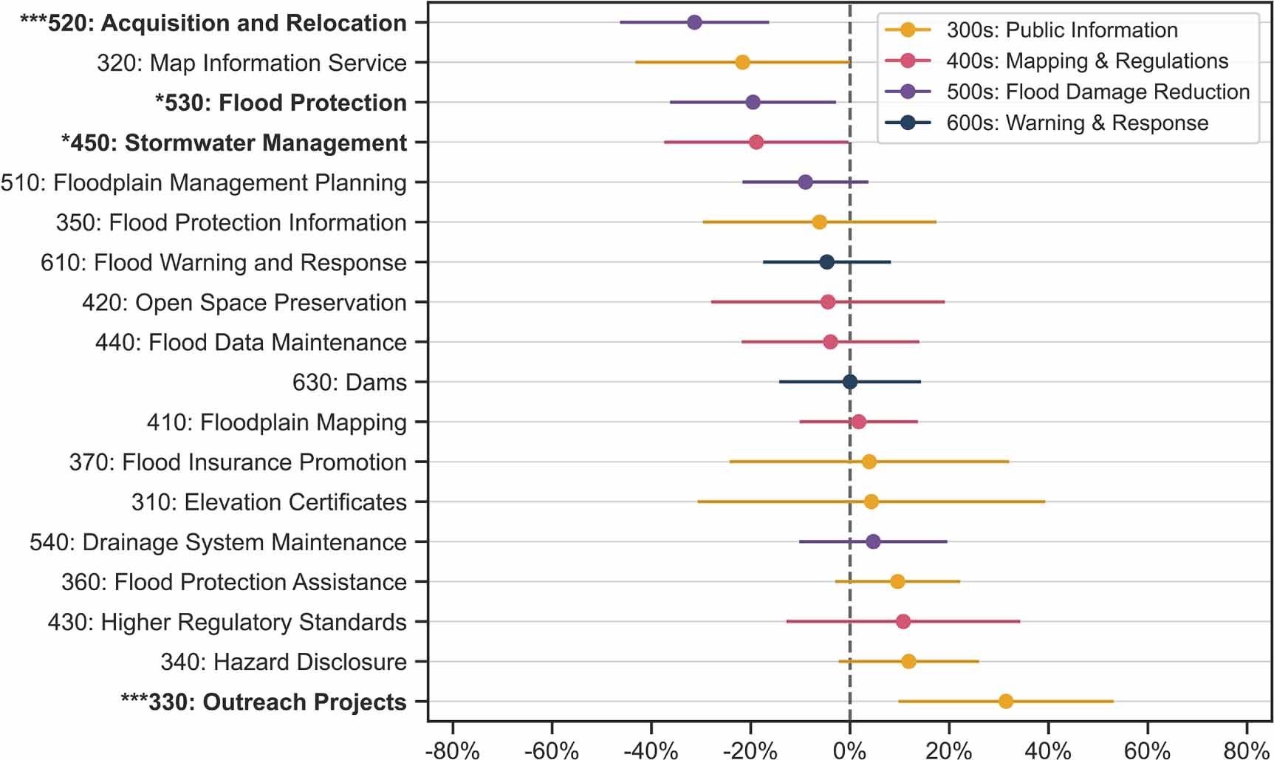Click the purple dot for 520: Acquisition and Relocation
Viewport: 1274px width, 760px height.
[x=694, y=22]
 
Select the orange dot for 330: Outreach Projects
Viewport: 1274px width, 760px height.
[x=1005, y=701]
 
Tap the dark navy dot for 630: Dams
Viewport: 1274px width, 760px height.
[x=850, y=382]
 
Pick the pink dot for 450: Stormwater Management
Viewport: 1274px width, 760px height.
[x=756, y=142]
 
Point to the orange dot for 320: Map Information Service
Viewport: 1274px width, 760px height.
[x=742, y=63]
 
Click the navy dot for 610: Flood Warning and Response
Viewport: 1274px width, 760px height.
[x=827, y=262]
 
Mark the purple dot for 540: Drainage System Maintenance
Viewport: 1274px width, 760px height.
[x=873, y=541]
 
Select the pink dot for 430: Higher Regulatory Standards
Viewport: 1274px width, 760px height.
[x=903, y=621]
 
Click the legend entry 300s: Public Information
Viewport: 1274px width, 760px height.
[x=1061, y=30]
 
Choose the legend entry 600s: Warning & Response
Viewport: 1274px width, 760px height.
[x=1077, y=123]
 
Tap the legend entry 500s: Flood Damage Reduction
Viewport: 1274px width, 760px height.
[x=1097, y=92]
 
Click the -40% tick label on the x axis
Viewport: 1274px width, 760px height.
[x=651, y=750]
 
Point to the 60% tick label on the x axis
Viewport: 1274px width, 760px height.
[x=1147, y=750]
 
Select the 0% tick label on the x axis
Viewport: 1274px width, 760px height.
[x=850, y=750]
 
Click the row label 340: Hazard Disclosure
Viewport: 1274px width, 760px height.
[x=284, y=662]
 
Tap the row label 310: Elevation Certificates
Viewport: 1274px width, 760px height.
[x=269, y=502]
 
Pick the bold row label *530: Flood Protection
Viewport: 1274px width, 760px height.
[x=281, y=103]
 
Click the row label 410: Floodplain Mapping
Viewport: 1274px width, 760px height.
[x=276, y=422]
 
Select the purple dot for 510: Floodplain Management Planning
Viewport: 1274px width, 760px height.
[x=806, y=182]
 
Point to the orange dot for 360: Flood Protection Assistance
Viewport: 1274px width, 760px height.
[x=897, y=581]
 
